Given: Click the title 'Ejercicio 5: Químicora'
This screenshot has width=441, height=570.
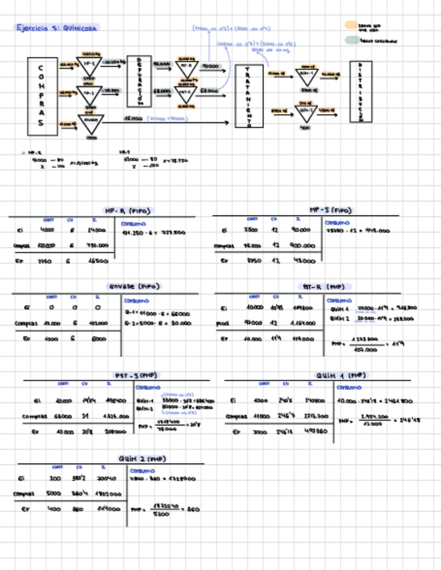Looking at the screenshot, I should (x=58, y=28).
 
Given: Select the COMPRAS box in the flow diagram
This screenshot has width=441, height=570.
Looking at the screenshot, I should (x=42, y=95).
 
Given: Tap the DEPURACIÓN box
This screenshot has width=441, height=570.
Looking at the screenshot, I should (x=139, y=81).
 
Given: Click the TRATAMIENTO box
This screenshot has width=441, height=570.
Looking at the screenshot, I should (x=249, y=96).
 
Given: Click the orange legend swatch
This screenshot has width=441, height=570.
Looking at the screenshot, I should (x=351, y=25).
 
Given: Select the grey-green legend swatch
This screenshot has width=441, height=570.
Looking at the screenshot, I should (x=351, y=40).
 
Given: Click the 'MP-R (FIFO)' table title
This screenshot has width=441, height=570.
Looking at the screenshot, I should (x=128, y=210).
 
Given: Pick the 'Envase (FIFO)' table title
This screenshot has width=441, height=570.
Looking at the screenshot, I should (x=134, y=286).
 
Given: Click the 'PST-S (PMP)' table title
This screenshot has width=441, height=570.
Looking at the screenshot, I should (x=134, y=375).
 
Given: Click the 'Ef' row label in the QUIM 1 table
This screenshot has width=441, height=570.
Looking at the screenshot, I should (x=233, y=432).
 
